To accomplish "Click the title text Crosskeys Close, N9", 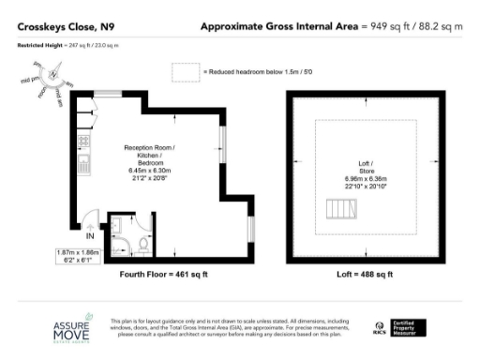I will click(58, 26).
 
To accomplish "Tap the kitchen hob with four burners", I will click(83, 142).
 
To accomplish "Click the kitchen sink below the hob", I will click(83, 166).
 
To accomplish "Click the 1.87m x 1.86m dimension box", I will click(78, 258).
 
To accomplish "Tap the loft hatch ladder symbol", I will click(342, 208).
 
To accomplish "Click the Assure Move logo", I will click(70, 327).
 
